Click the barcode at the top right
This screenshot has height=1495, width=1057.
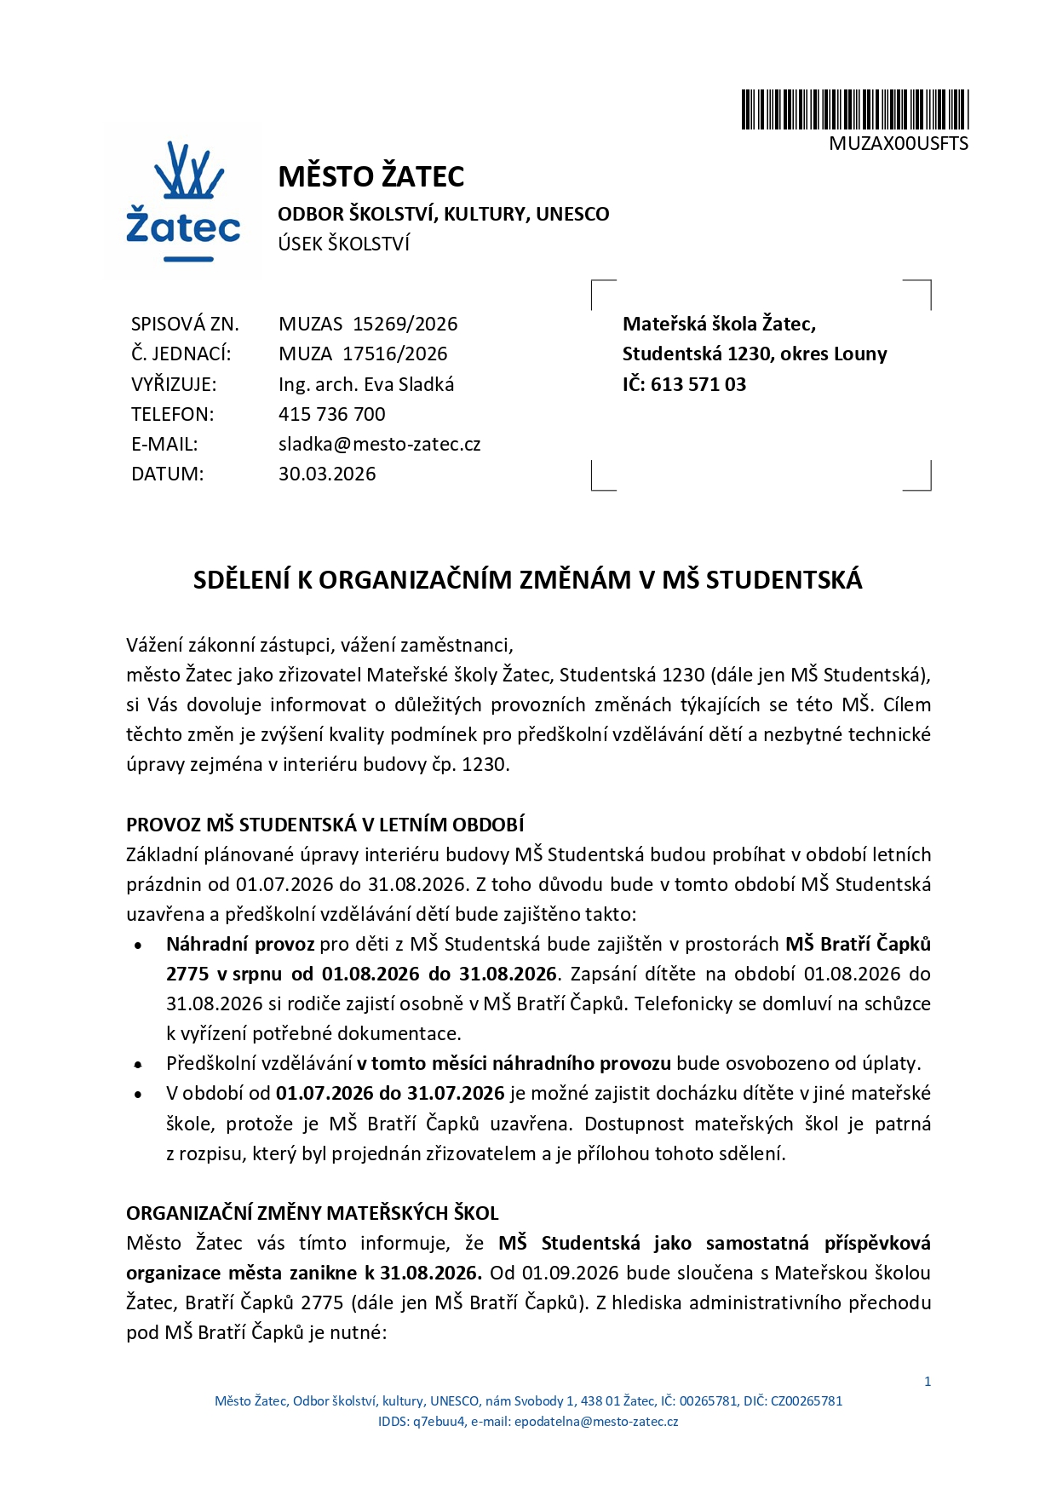point(854,110)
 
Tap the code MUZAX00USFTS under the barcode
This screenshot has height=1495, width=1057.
point(899,144)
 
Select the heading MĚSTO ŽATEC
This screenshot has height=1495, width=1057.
point(371,177)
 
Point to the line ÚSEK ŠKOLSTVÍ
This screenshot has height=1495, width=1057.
point(343,244)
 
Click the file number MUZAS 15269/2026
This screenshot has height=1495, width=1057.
point(368,325)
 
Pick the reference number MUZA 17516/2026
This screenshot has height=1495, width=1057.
point(363,354)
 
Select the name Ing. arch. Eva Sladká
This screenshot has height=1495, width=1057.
point(366,384)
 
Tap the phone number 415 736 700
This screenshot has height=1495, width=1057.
point(332,415)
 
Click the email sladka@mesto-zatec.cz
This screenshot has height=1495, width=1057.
point(379,445)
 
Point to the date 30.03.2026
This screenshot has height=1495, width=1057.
point(327,474)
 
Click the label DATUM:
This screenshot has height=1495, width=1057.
point(168,474)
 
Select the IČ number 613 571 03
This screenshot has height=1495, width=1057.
point(698,385)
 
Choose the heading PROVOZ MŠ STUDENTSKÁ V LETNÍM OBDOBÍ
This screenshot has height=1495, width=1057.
point(325,825)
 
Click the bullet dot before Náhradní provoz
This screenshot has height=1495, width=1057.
point(139,946)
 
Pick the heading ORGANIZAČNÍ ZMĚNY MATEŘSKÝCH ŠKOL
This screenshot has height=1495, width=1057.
point(313,1213)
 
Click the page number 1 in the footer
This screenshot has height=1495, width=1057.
point(928,1382)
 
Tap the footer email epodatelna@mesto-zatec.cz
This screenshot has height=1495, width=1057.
point(596,1422)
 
